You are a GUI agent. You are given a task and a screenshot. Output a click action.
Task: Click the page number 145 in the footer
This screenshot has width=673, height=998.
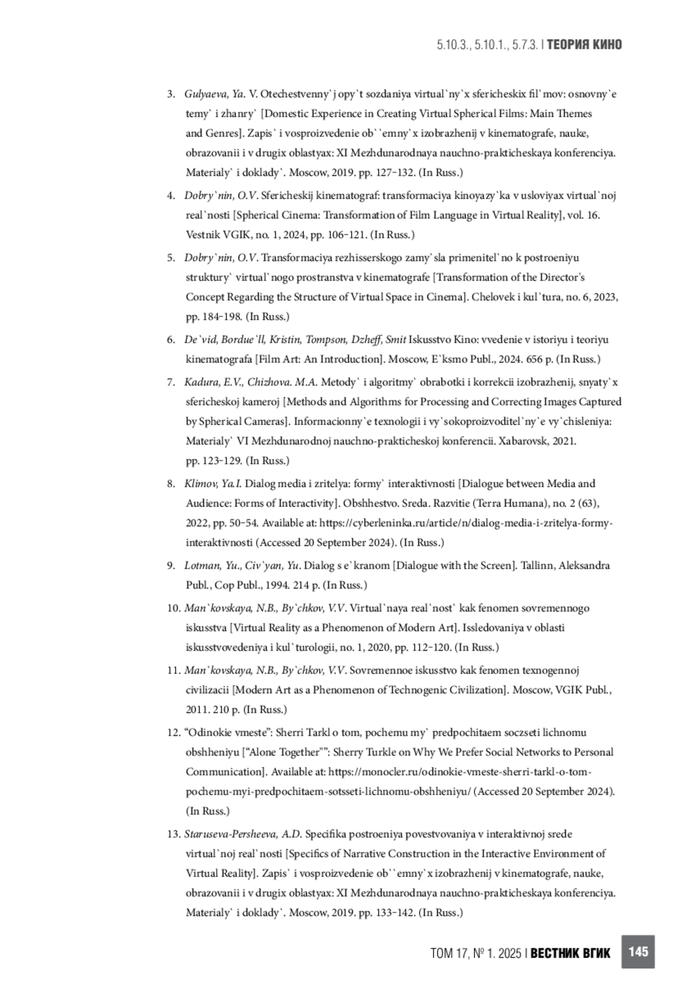(x=638, y=951)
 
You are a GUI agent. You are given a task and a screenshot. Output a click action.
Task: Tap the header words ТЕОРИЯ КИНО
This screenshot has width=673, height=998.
(x=584, y=45)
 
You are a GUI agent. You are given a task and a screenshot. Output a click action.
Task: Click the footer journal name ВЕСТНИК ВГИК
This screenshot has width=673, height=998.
(x=570, y=953)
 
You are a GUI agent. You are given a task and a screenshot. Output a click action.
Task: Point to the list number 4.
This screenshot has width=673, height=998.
(x=171, y=196)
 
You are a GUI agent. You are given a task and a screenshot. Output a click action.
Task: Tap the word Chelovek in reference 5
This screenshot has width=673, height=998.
(x=491, y=297)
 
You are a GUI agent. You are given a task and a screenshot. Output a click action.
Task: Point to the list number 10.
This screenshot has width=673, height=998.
(x=173, y=608)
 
